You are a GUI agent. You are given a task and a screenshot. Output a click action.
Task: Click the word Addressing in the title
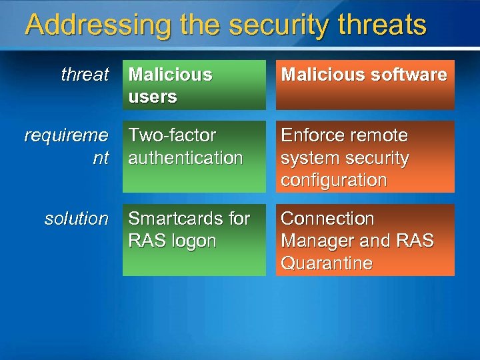click(x=97, y=25)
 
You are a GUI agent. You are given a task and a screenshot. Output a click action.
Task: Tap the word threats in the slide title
click(x=382, y=25)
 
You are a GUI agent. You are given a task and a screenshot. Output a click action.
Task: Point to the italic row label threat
click(x=84, y=75)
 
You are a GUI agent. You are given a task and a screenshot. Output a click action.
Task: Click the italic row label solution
click(x=76, y=219)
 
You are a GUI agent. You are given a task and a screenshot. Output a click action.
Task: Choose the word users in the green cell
click(x=153, y=97)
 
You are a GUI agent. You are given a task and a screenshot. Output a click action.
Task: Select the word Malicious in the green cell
click(x=170, y=75)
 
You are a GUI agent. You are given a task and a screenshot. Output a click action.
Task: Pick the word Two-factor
click(x=172, y=135)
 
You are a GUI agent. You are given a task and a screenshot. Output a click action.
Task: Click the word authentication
click(x=185, y=158)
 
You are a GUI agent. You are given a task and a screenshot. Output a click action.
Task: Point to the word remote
click(x=381, y=135)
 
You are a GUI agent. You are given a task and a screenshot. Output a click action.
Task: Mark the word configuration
click(x=333, y=180)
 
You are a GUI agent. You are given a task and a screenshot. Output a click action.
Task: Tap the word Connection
click(x=327, y=219)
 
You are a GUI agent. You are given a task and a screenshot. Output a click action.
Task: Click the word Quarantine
click(x=326, y=263)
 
